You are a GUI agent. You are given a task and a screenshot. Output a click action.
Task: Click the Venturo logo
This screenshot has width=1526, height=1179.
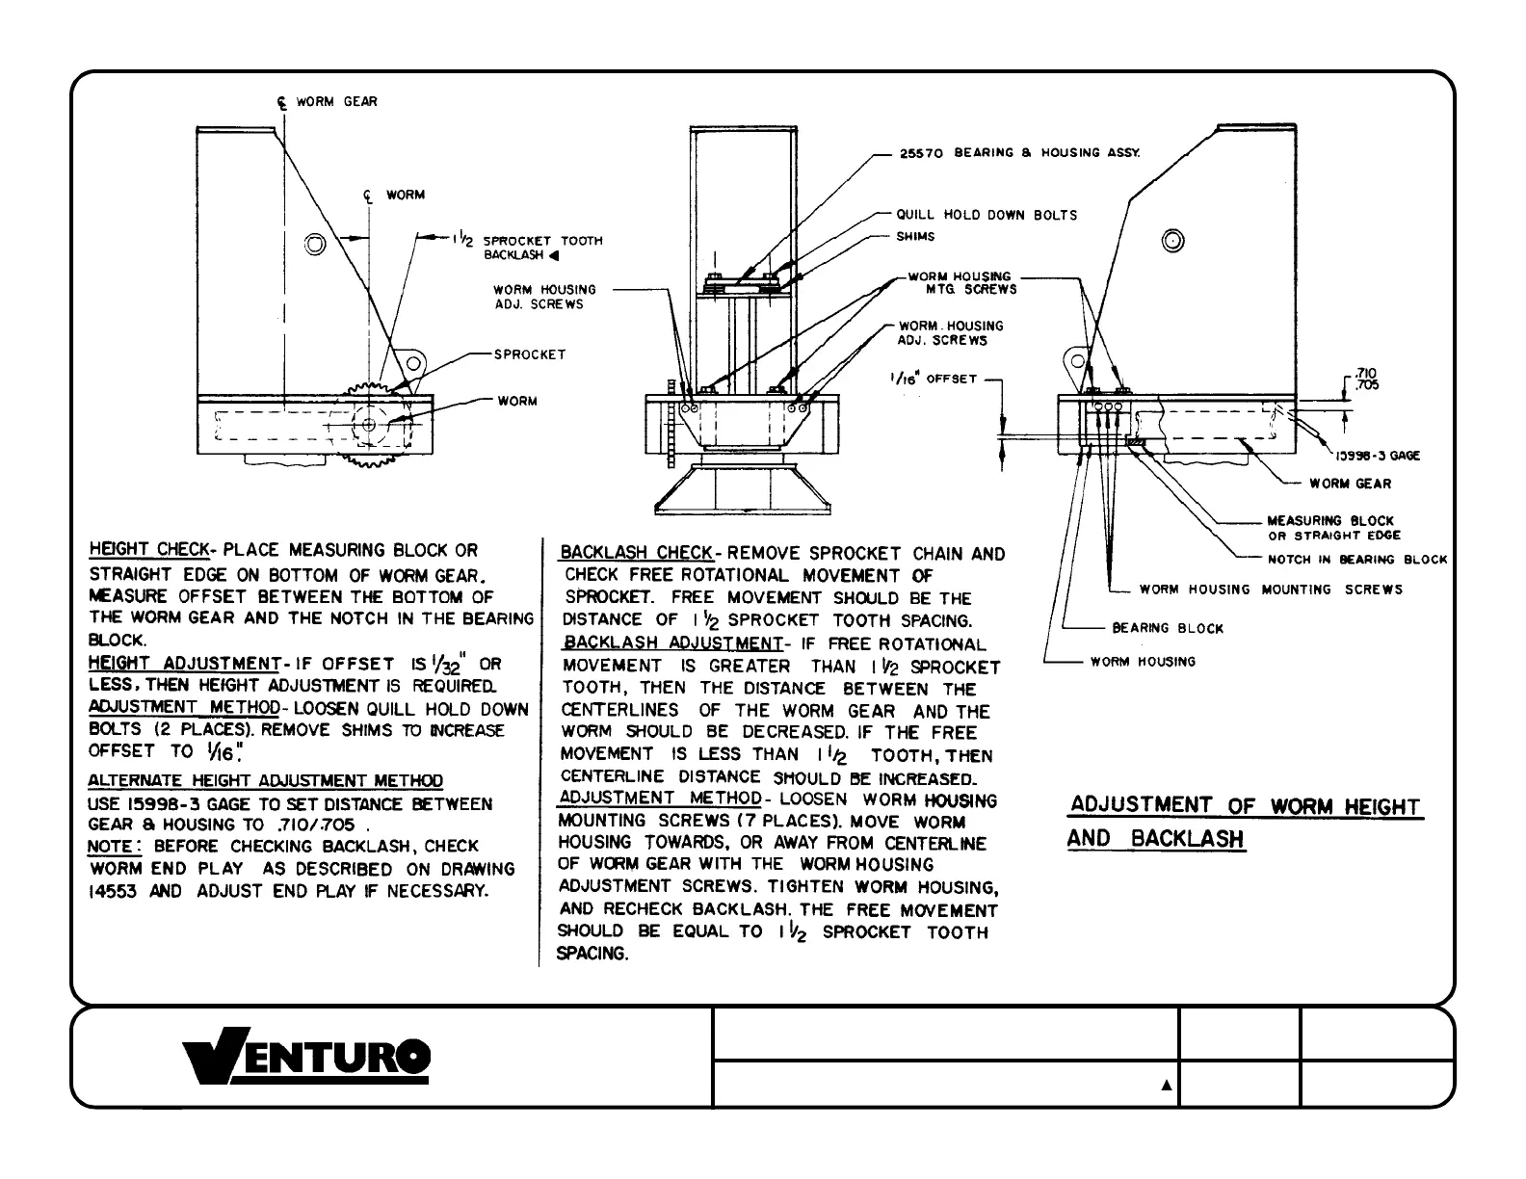(308, 1060)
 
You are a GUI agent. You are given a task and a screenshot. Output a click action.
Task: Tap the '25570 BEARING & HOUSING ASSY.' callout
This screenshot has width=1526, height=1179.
(1019, 153)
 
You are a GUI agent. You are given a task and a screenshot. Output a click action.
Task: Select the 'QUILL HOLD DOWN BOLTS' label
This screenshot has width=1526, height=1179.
(987, 215)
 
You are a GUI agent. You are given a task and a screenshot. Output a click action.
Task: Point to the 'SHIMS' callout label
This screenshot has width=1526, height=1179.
(915, 237)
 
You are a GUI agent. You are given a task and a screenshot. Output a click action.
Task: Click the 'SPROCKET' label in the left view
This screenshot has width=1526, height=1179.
(530, 354)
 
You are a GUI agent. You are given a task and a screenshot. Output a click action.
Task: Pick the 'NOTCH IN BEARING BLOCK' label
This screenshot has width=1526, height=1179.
(1356, 560)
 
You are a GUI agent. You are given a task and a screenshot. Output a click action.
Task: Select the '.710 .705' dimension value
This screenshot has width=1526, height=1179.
(1366, 379)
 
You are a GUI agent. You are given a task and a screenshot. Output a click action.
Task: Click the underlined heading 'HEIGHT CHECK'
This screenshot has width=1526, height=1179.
(148, 550)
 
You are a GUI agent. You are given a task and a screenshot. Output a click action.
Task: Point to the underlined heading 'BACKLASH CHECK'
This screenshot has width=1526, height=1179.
(637, 554)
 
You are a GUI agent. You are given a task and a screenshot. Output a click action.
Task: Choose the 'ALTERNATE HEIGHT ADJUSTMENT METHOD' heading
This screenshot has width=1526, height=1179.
(266, 781)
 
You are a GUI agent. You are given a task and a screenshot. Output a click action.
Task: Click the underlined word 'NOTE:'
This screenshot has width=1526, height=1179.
(115, 847)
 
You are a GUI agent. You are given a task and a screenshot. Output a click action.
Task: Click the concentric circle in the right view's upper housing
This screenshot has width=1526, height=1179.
(1172, 241)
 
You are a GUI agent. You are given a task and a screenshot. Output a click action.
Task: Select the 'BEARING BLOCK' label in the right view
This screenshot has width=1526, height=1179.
(1168, 629)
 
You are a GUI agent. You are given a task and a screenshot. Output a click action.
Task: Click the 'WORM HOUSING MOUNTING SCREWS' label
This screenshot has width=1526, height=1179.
(1271, 589)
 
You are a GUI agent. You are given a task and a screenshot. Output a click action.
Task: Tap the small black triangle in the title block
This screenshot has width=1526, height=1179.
(1166, 1086)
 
